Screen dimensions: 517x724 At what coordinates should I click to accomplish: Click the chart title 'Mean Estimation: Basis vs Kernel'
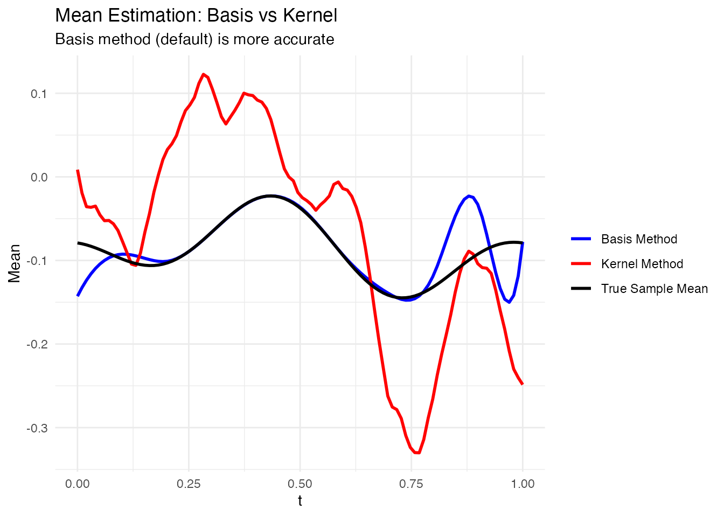coord(196,15)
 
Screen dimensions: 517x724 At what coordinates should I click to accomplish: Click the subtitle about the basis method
coord(194,39)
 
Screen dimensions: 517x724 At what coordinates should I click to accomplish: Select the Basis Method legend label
coord(639,239)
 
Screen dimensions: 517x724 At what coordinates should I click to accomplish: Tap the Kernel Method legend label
coord(642,264)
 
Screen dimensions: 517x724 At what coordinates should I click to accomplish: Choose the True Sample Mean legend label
coord(654,289)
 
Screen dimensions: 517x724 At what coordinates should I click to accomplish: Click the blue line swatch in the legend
coord(581,239)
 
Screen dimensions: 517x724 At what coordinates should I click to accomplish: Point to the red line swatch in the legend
coord(581,264)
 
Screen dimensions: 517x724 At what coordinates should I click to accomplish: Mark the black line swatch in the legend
coord(581,289)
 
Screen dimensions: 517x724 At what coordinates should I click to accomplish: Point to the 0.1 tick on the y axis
coord(39,94)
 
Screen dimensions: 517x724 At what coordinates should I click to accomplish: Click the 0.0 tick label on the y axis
coord(39,177)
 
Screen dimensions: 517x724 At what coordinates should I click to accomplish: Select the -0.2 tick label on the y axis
coord(37,344)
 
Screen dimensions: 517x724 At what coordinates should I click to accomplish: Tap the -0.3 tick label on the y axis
coord(37,428)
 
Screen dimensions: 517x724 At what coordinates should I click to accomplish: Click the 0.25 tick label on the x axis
coord(189,484)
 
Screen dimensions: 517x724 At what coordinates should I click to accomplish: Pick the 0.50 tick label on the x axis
coord(300,484)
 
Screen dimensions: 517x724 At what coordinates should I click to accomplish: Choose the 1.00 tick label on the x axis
coord(523,484)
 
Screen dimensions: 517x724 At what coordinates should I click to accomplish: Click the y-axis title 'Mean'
coord(15,263)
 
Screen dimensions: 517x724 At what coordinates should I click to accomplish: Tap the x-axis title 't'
coord(300,501)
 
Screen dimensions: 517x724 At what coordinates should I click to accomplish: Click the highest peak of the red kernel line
coord(203,74)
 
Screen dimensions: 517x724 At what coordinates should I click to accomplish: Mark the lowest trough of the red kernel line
coord(417,453)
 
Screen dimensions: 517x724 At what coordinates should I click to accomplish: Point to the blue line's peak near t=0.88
coord(469,195)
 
